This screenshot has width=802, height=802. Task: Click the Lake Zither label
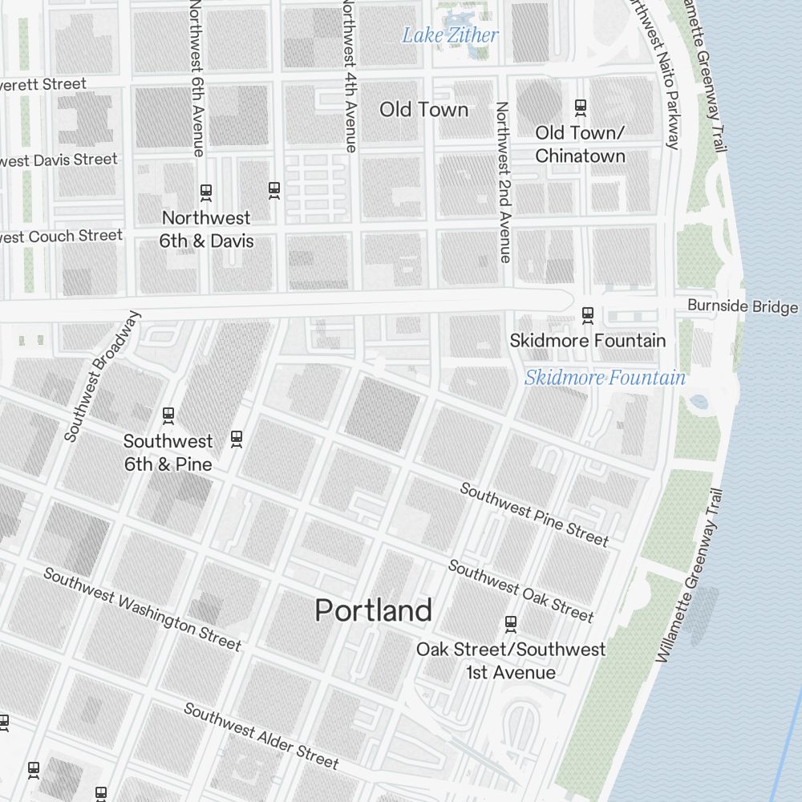[450, 35]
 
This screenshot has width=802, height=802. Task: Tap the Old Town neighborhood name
[423, 110]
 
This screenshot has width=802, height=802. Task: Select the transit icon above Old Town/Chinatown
[580, 106]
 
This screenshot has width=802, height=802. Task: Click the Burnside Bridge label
[742, 307]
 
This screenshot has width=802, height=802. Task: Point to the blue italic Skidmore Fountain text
[605, 378]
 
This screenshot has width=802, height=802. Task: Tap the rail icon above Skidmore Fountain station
[587, 314]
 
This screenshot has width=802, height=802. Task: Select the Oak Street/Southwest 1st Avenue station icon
[510, 623]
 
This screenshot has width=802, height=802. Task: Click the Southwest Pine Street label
[534, 514]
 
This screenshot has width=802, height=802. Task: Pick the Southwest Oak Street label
[520, 591]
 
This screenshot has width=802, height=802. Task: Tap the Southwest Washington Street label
[142, 609]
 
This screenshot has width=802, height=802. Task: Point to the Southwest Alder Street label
[261, 735]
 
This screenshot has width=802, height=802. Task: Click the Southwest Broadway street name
[102, 376]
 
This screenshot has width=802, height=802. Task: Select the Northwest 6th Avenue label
[197, 78]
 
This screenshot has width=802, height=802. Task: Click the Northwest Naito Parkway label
[655, 75]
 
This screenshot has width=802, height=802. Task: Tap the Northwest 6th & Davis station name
[206, 229]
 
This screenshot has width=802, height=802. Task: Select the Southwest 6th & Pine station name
[168, 453]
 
